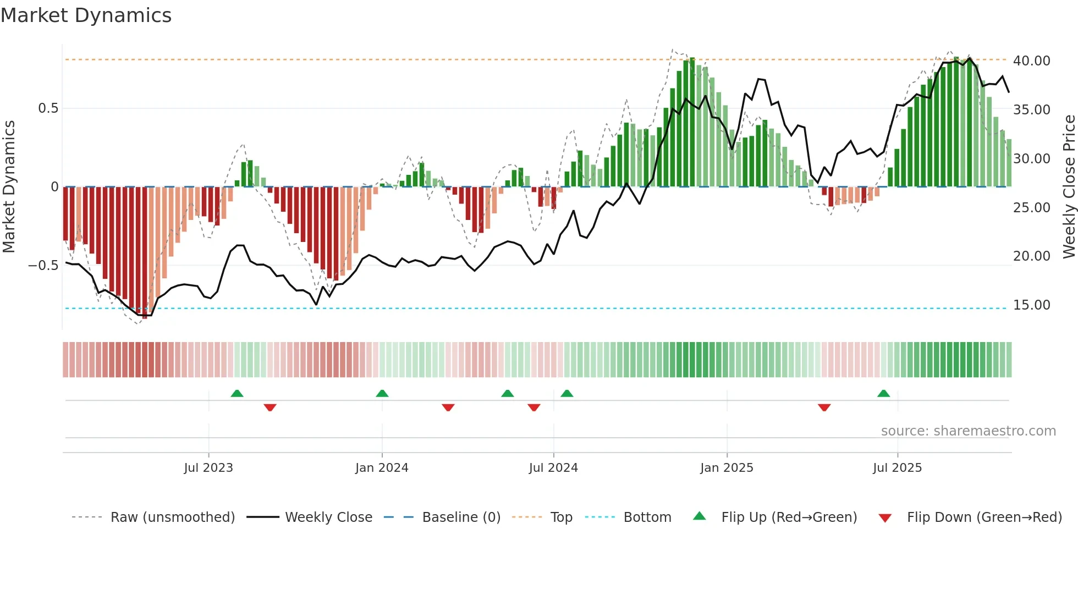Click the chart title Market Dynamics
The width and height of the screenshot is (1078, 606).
coord(86,15)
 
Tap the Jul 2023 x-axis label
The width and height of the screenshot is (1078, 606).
coord(208,468)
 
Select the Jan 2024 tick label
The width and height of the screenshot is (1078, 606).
coord(382,468)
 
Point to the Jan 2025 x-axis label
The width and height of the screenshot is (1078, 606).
coord(727,468)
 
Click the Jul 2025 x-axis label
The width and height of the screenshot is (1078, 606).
coord(897,468)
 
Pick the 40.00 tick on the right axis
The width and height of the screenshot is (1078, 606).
coord(1031,61)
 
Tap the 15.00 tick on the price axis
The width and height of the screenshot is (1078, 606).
coord(1031,305)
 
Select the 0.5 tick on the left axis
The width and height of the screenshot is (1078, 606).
coord(48,108)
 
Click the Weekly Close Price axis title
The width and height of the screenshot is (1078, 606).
coord(1069,187)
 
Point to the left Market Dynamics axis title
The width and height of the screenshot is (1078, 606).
coord(9,187)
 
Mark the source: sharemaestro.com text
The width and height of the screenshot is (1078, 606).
coord(968,431)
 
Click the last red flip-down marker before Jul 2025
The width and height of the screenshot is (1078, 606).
coord(824,407)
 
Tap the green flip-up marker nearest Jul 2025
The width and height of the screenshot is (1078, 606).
coord(883,393)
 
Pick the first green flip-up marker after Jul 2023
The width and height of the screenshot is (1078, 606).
coord(237,393)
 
